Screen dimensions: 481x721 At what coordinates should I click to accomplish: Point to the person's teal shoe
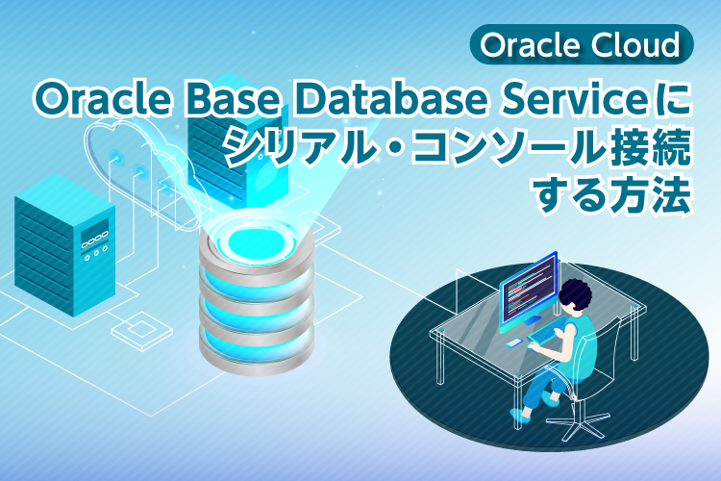[520, 415]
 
